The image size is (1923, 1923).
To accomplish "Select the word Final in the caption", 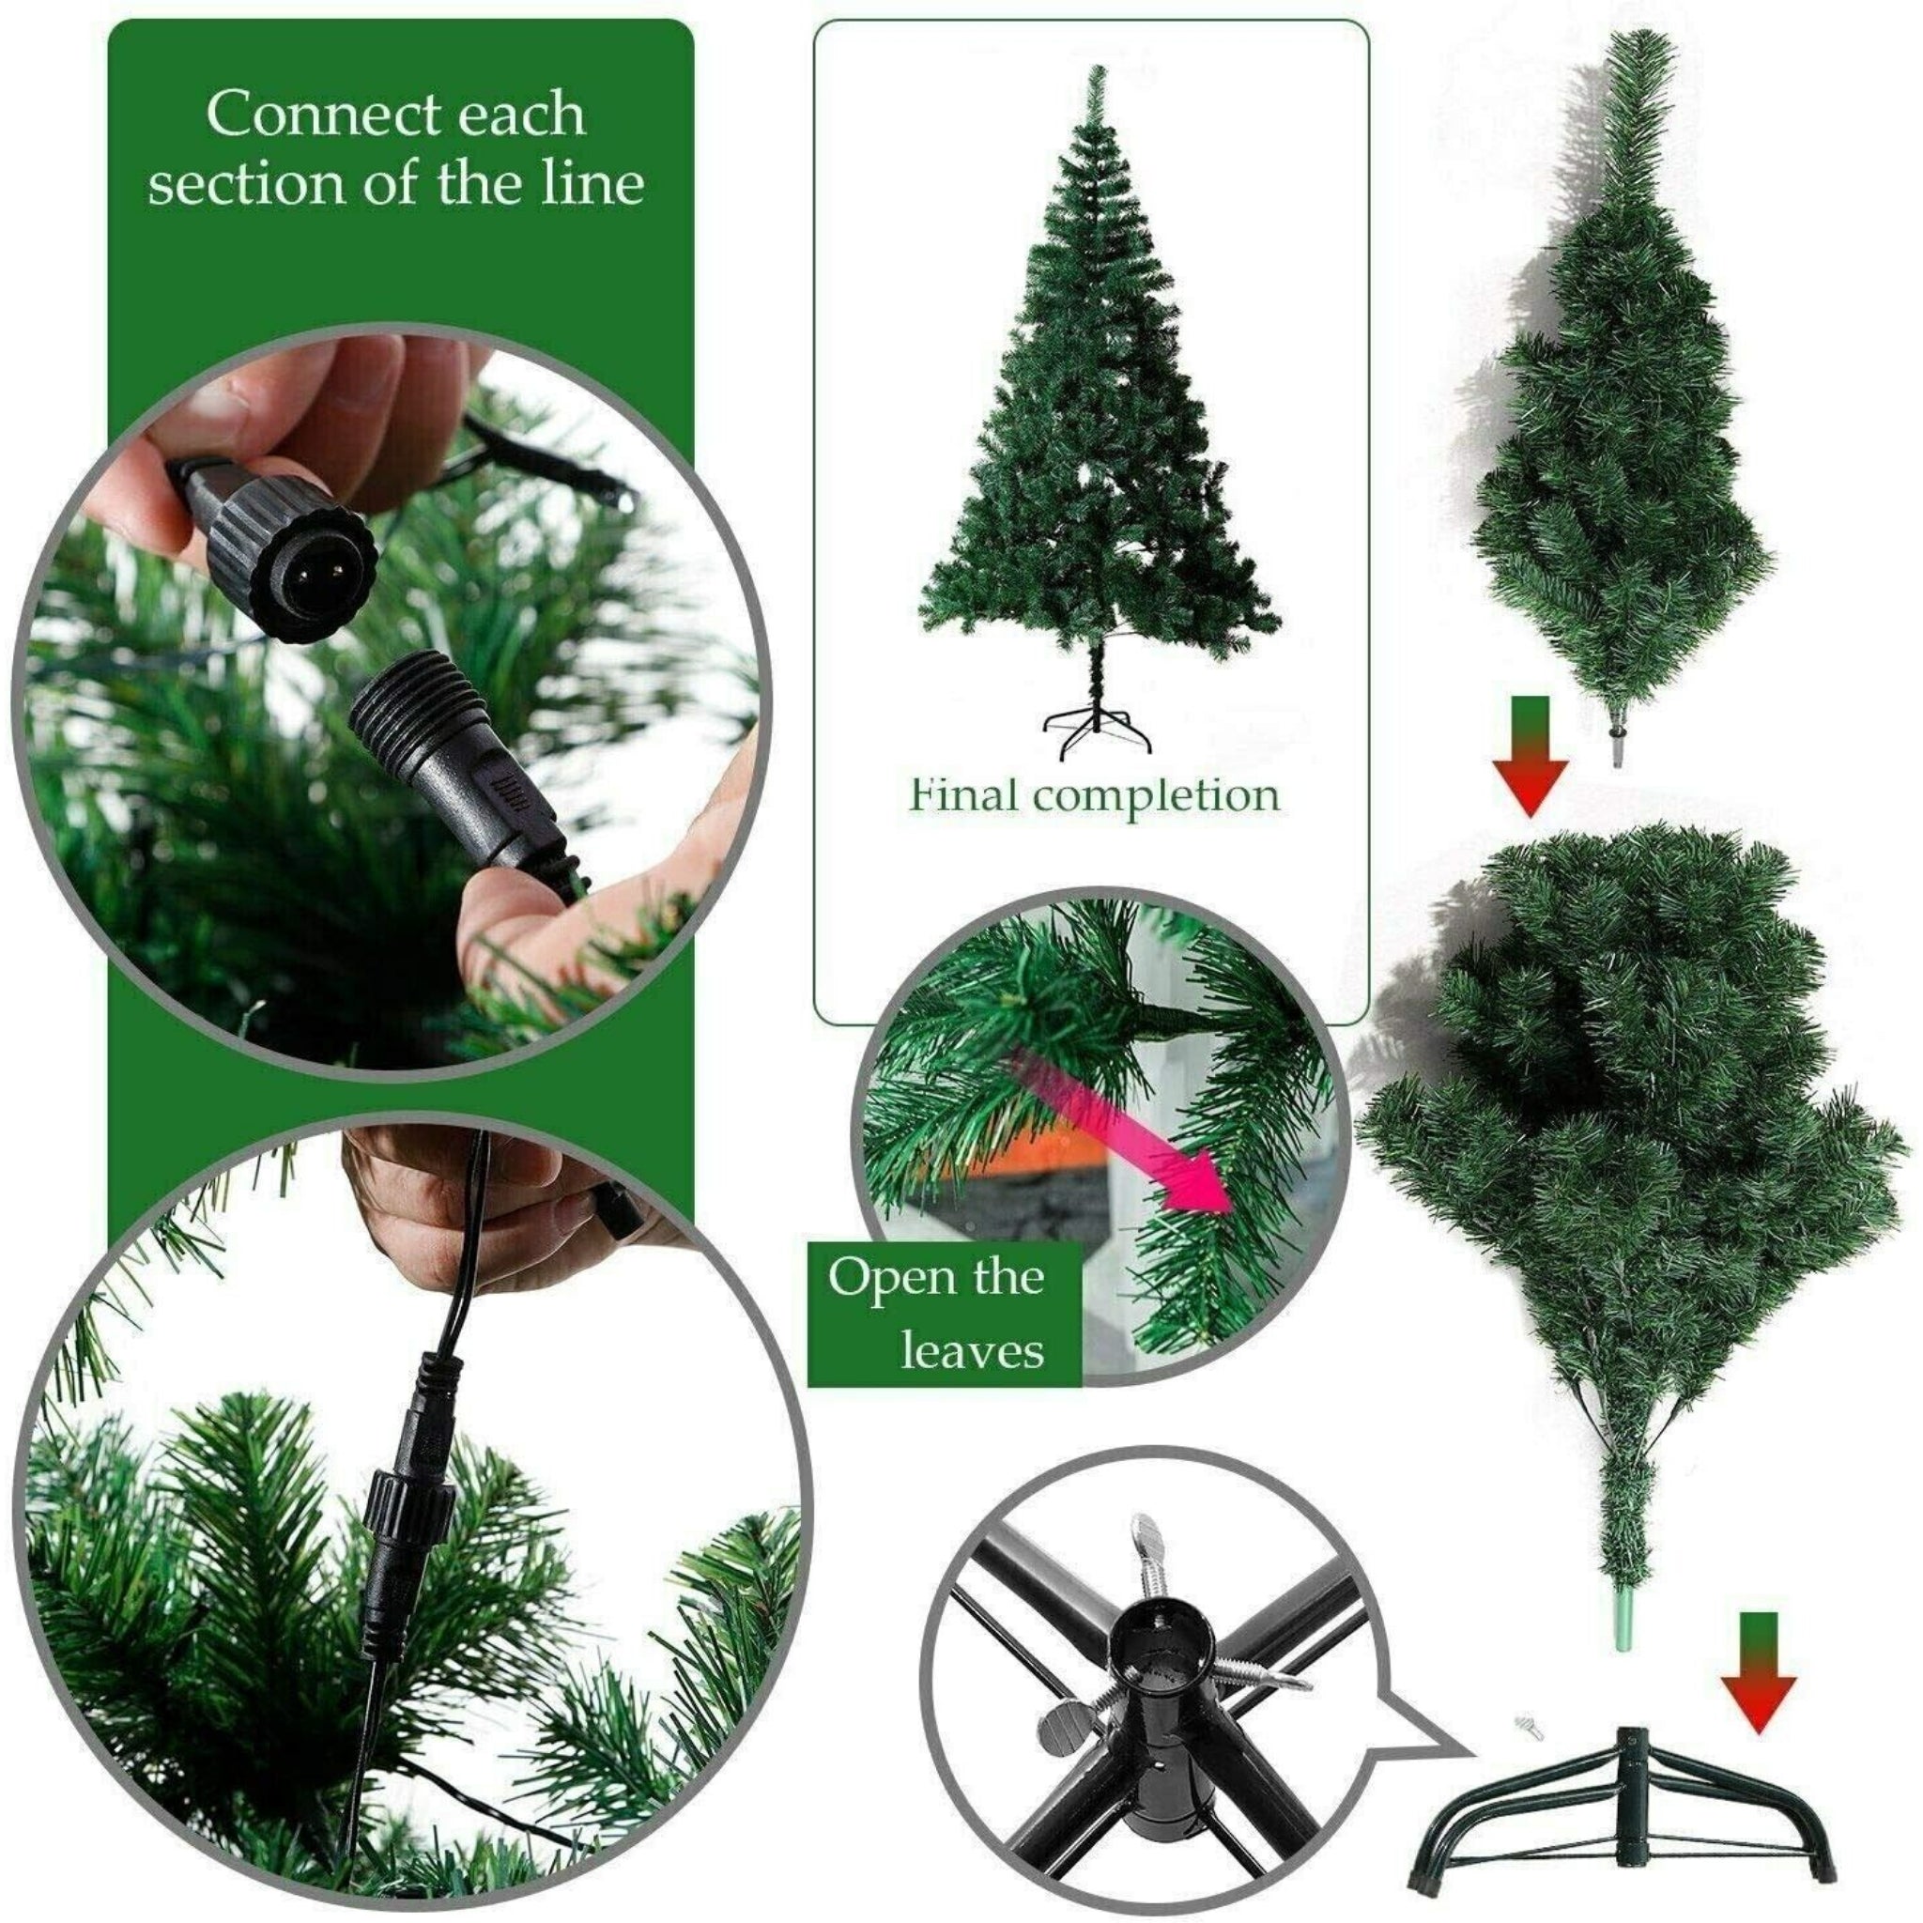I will pyautogui.click(x=963, y=794).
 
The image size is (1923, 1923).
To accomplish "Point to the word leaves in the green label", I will pyautogui.click(x=972, y=1350).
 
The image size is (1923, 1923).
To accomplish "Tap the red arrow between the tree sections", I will pyautogui.click(x=1530, y=764).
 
